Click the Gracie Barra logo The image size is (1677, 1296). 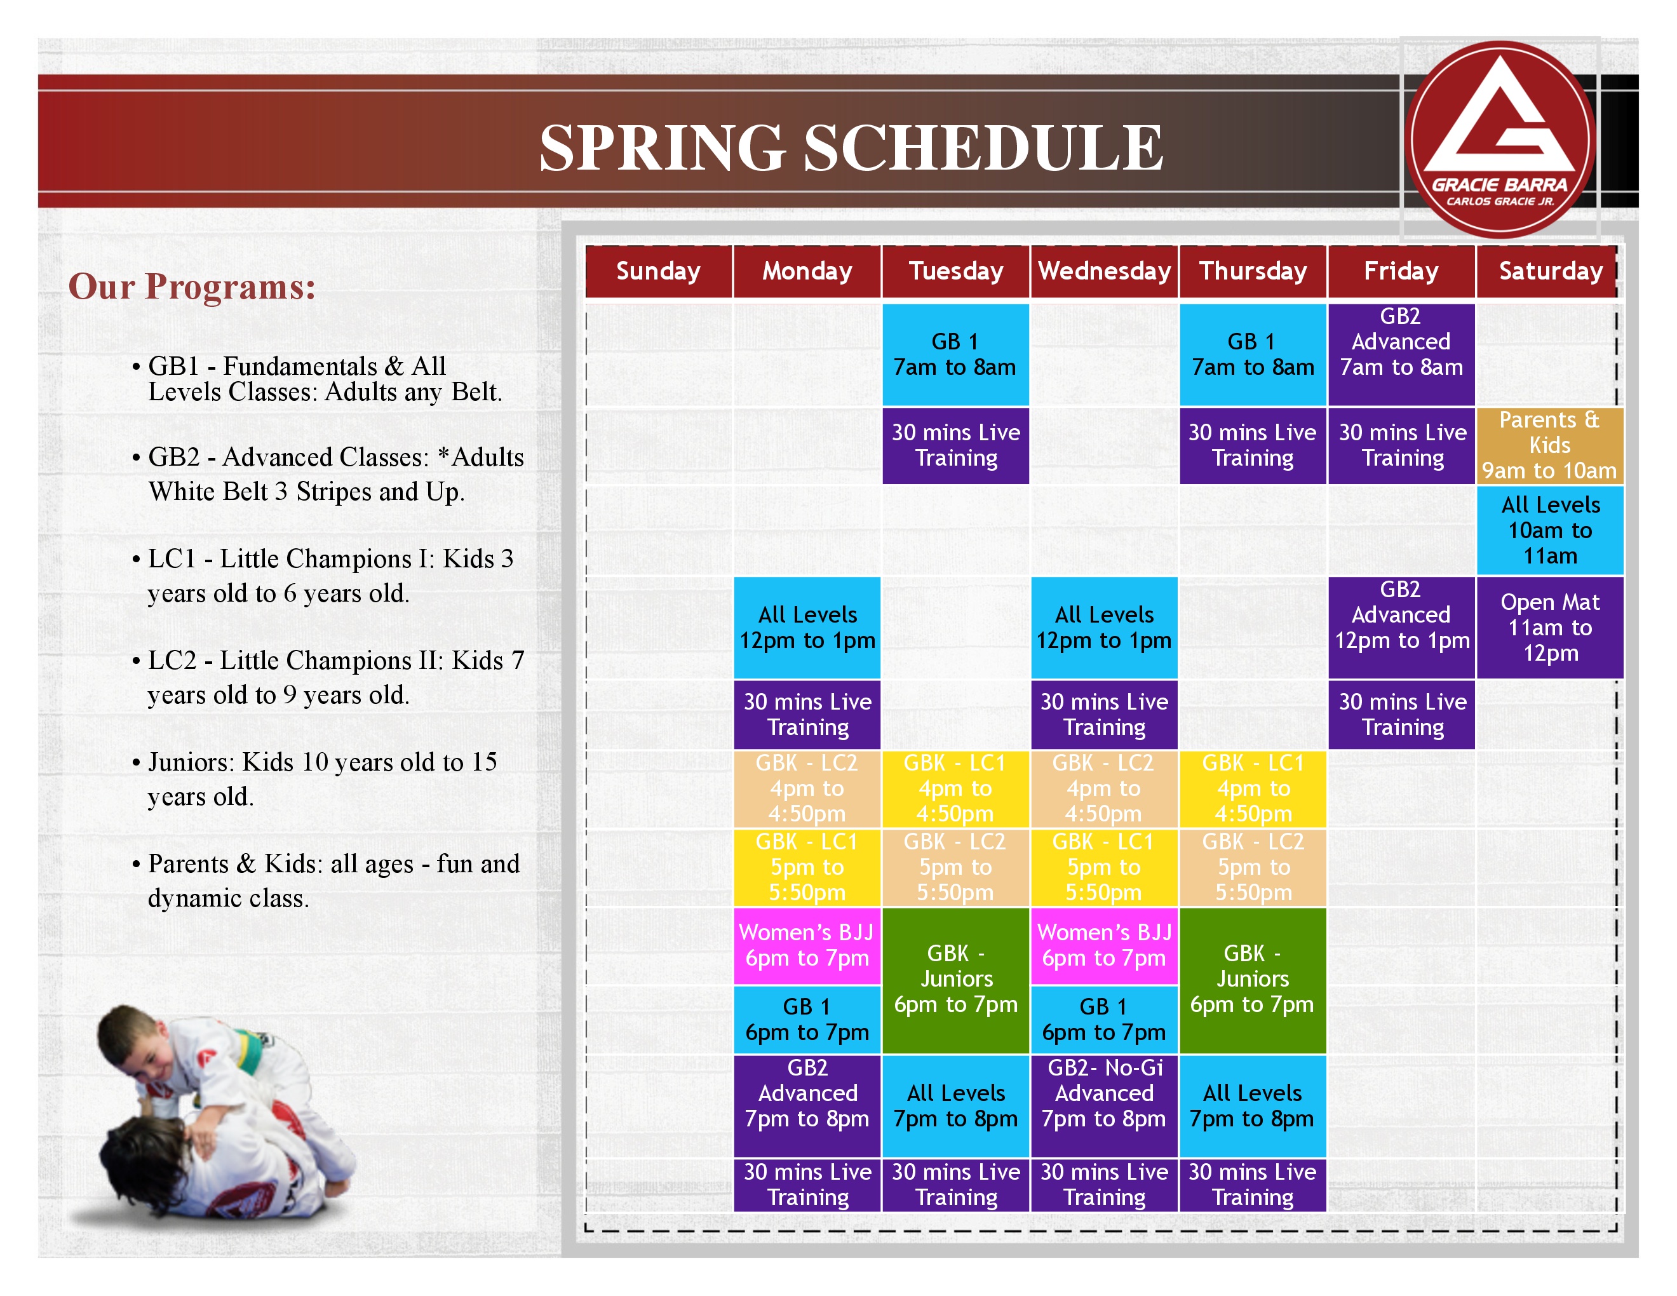pos(1502,139)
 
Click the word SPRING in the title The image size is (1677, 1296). pos(662,147)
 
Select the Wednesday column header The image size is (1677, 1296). pos(1104,271)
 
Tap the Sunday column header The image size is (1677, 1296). pos(659,271)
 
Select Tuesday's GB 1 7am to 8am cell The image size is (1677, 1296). pos(956,354)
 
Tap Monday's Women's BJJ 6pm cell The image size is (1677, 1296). pos(807,946)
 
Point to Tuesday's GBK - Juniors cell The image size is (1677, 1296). pos(956,980)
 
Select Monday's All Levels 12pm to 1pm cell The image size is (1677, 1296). pos(807,627)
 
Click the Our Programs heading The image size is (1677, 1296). pos(192,287)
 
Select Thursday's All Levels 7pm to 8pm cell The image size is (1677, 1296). pos(1253,1105)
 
